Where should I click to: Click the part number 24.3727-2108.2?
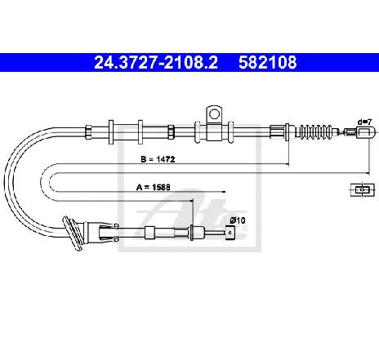click(x=156, y=62)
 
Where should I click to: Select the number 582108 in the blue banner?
click(x=268, y=62)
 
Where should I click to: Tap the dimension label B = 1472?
click(x=158, y=159)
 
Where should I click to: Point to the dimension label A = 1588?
click(x=154, y=187)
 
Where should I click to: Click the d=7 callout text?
click(x=364, y=122)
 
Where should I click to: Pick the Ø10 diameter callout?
click(x=238, y=220)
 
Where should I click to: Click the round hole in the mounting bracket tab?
click(x=214, y=113)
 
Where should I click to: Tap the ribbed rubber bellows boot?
click(x=314, y=132)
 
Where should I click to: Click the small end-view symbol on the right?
click(x=362, y=189)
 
